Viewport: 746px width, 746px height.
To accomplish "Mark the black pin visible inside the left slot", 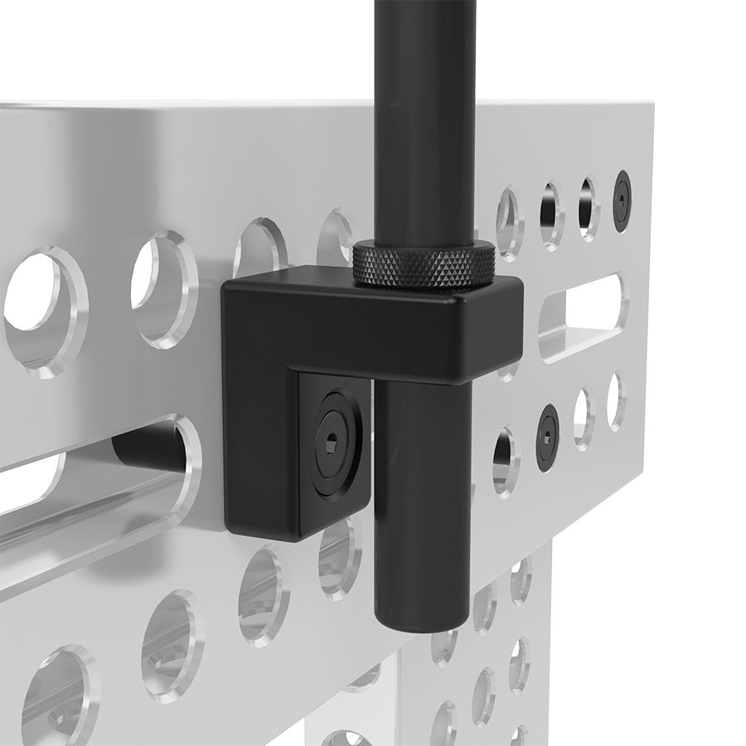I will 149,448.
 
